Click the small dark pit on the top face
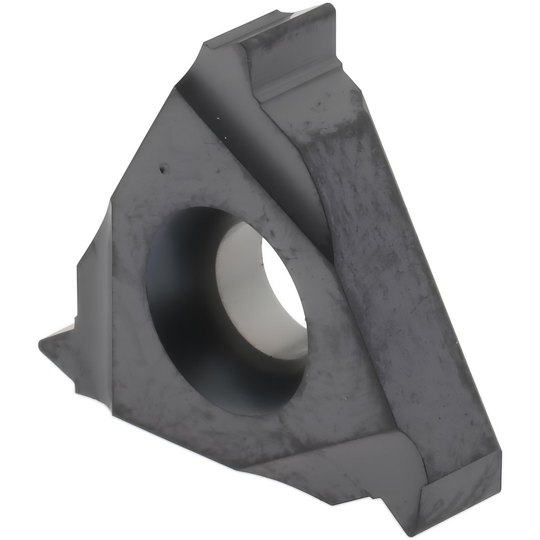point(161,171)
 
